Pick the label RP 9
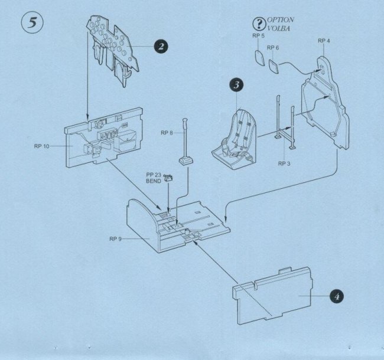click(x=116, y=239)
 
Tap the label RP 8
click(x=167, y=133)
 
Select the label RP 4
click(x=324, y=41)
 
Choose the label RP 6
click(x=273, y=47)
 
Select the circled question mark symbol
click(x=258, y=24)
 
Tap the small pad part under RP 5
click(x=259, y=57)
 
